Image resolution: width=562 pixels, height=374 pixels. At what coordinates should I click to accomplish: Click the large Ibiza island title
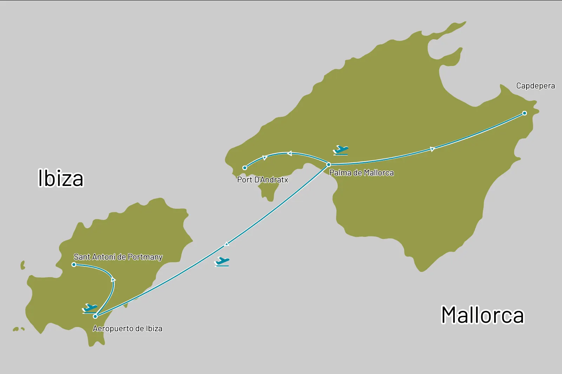[x=61, y=178]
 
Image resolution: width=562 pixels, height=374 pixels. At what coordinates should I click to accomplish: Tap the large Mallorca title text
[x=482, y=315]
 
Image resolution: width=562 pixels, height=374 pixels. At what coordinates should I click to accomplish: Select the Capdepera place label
[x=535, y=86]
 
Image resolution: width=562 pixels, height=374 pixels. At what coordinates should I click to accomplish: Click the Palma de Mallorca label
[x=361, y=173]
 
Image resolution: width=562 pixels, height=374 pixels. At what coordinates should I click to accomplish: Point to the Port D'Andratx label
[x=262, y=180]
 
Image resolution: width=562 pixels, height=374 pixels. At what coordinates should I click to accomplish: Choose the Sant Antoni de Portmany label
[x=118, y=257]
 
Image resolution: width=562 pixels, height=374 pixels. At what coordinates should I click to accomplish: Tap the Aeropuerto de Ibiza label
[x=128, y=329]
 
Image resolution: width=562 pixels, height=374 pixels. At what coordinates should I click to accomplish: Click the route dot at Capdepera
[x=524, y=113]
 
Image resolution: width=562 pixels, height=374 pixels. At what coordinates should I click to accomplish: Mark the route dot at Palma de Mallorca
[x=328, y=165]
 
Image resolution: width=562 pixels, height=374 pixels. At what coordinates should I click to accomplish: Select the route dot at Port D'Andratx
[x=245, y=168]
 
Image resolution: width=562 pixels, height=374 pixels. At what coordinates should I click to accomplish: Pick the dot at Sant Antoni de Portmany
[x=74, y=265]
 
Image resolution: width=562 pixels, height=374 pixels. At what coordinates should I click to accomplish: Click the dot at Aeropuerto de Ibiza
[x=95, y=316]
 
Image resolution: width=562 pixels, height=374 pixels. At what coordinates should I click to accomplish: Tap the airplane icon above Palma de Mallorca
[x=341, y=150]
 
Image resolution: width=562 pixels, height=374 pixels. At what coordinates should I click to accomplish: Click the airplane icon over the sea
[x=222, y=262]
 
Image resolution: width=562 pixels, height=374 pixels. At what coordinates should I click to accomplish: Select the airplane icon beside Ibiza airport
[x=90, y=308]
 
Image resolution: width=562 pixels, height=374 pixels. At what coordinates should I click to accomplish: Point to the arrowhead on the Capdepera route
[x=432, y=149]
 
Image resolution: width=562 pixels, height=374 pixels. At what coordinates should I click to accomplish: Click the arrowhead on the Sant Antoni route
[x=113, y=280]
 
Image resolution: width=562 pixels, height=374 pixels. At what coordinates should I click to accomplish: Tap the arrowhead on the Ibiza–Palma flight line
[x=227, y=244]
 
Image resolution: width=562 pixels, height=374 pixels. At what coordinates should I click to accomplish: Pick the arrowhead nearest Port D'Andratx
[x=265, y=158]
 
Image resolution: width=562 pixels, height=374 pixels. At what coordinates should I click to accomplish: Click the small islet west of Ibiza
[x=23, y=265]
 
